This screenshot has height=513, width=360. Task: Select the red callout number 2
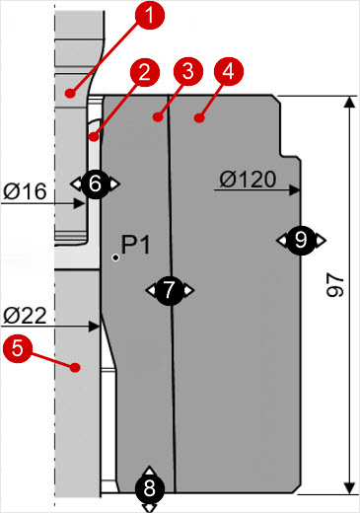pyautogui.click(x=144, y=72)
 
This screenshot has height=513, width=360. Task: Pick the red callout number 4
pyautogui.click(x=226, y=72)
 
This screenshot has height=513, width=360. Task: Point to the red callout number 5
pyautogui.click(x=16, y=347)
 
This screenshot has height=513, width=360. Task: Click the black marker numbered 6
pyautogui.click(x=95, y=183)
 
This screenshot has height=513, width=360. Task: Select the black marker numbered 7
pyautogui.click(x=170, y=290)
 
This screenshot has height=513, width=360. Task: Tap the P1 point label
pyautogui.click(x=136, y=245)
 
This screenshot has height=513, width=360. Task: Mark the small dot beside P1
pyautogui.click(x=116, y=257)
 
